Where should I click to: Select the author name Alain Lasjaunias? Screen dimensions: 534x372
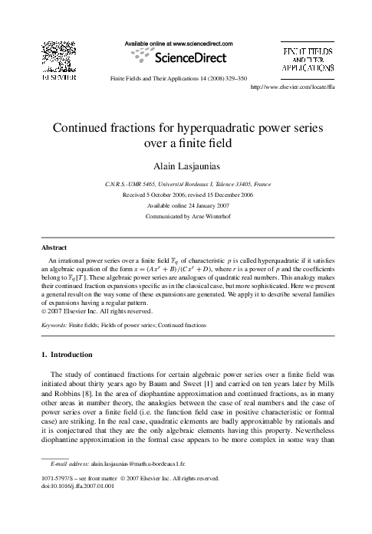(185, 166)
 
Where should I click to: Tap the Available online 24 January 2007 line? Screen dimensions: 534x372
(186, 205)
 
